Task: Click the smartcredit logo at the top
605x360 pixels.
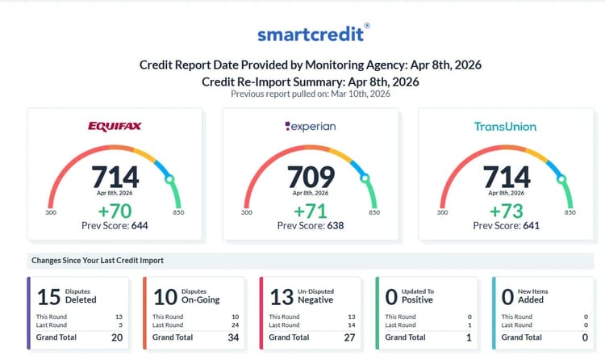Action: [313, 34]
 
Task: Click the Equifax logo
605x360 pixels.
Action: [115, 127]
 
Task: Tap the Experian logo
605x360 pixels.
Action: [311, 127]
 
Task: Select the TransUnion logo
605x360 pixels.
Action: [506, 127]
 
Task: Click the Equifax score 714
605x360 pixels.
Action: [115, 177]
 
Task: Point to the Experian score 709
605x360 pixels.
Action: [311, 177]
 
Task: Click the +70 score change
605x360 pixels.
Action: [115, 210]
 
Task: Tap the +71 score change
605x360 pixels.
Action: [311, 210]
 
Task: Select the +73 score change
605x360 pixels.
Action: [506, 210]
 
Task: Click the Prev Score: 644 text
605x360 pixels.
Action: [115, 225]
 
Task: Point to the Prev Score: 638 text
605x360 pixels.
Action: [311, 225]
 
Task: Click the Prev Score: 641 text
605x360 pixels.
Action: [506, 225]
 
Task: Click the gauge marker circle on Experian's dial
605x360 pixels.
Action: [365, 178]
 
